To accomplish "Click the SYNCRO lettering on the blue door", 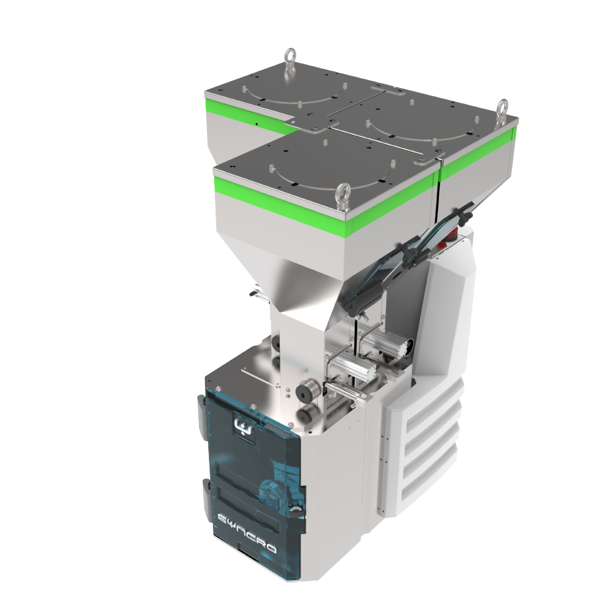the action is click(x=247, y=532).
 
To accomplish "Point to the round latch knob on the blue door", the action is click(x=294, y=509).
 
